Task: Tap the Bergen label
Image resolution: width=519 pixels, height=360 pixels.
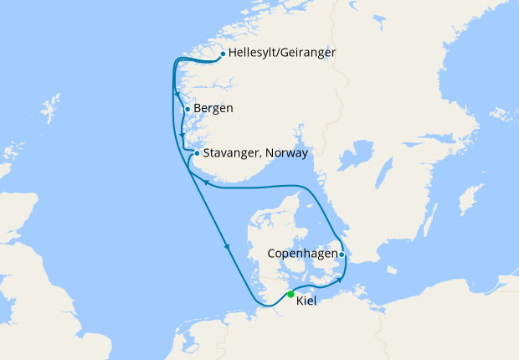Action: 213,108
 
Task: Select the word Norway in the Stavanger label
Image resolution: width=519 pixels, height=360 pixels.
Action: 287,153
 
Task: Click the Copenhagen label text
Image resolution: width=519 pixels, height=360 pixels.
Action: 302,253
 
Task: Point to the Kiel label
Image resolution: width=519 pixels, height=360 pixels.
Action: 306,301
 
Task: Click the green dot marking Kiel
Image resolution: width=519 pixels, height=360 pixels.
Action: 290,294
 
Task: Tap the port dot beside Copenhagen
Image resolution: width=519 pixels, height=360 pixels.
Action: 342,254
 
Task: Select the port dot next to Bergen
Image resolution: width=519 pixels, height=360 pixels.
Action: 187,109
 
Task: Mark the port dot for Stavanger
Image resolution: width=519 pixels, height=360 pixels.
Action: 197,153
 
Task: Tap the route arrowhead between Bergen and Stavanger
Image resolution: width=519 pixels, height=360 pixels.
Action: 182,134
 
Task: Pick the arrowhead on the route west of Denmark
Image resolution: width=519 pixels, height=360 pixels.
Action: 226,246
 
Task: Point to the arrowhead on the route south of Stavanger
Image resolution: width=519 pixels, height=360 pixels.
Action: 204,182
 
